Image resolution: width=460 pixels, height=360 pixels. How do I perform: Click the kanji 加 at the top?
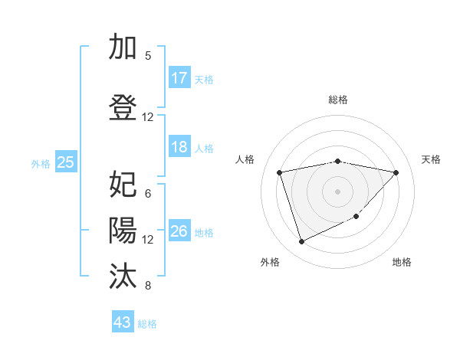tap(123, 47)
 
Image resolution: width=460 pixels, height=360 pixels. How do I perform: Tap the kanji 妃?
tap(123, 185)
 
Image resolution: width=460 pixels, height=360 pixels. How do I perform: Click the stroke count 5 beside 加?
tap(148, 55)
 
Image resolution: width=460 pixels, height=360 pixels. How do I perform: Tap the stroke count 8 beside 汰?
tap(148, 286)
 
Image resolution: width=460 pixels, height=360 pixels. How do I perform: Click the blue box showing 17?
tap(179, 78)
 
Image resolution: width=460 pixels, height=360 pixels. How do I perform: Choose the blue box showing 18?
tap(179, 147)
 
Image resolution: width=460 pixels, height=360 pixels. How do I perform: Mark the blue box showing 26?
tap(179, 231)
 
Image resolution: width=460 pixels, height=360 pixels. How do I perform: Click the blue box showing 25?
tap(66, 162)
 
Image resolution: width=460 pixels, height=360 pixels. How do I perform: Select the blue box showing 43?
tap(123, 322)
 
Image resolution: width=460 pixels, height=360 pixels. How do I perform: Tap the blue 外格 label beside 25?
tap(41, 163)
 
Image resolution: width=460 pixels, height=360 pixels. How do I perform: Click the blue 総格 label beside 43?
tap(147, 323)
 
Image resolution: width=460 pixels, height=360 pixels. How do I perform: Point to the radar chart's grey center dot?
tap(337, 191)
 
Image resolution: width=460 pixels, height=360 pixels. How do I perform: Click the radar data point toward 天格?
tap(396, 172)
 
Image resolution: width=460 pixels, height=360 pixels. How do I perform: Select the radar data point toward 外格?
tap(301, 241)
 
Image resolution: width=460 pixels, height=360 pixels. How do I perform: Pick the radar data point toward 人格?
tap(279, 172)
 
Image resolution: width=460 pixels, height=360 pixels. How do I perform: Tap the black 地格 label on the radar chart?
tap(402, 262)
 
